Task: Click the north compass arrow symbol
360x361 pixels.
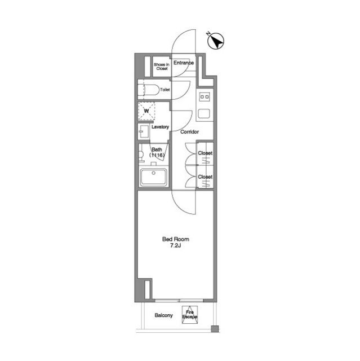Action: coord(215,41)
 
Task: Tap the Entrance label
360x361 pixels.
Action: coord(184,63)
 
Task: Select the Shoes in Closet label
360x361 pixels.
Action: coord(162,67)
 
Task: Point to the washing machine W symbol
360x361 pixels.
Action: coord(146,111)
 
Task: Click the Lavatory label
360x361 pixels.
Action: coord(160,127)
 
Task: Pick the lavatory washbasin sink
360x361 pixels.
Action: coord(144,131)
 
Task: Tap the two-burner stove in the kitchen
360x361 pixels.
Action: coord(205,96)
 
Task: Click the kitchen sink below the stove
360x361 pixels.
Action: coord(204,114)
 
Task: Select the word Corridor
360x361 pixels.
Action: coord(189,132)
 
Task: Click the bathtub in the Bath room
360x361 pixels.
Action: coord(154,177)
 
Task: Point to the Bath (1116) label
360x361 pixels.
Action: coord(157,152)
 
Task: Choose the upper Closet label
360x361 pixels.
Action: coord(205,153)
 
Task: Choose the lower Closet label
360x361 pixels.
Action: coord(205,177)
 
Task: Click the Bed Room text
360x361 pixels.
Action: coord(176,239)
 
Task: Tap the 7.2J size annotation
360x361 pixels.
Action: coord(175,245)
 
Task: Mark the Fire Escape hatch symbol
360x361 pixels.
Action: coord(190,315)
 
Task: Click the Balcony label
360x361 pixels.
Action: coord(163,315)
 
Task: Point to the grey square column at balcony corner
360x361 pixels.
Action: coord(215,329)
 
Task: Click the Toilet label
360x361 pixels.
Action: coord(165,90)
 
